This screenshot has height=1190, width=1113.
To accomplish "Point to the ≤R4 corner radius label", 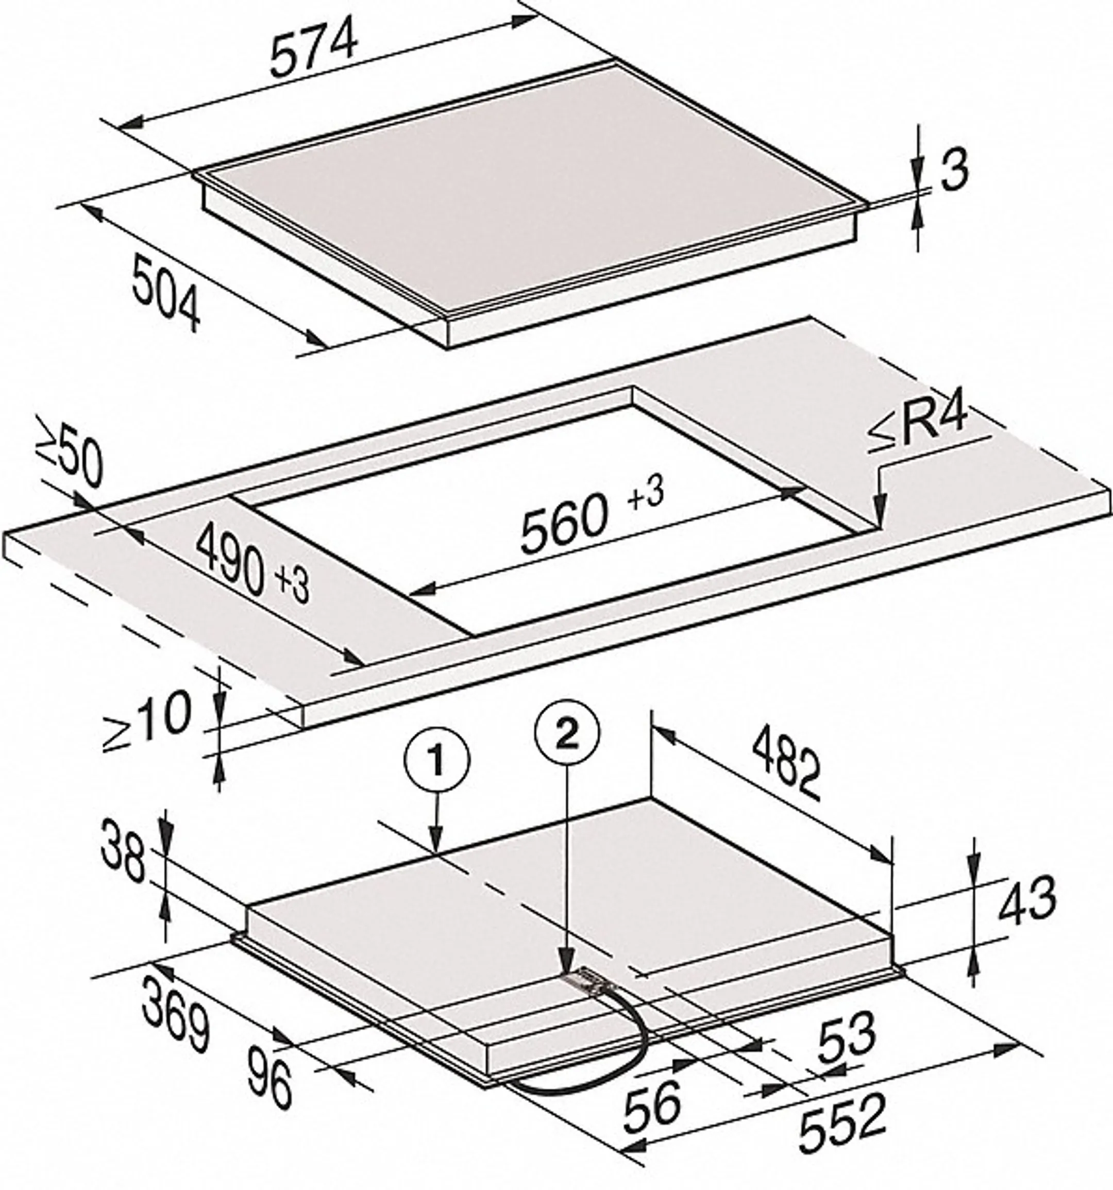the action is pos(917,426).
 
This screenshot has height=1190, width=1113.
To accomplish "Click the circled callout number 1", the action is pos(437,761).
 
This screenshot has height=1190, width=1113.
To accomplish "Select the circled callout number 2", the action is pos(567,733).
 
